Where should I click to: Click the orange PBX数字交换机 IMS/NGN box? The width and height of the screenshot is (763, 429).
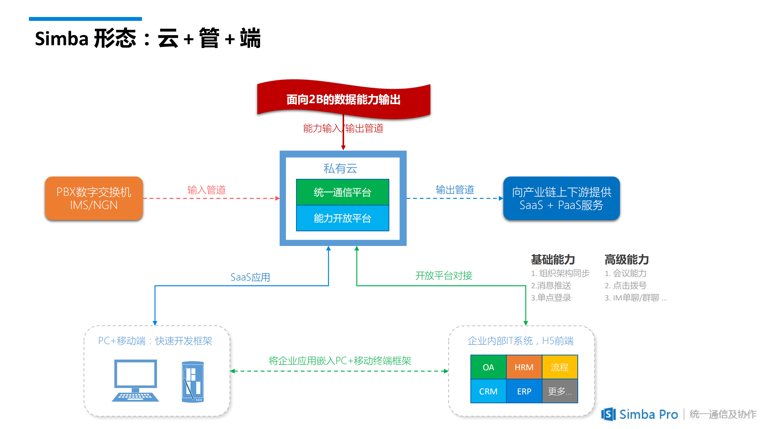pyautogui.click(x=94, y=198)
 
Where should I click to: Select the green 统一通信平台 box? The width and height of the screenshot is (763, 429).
pyautogui.click(x=342, y=192)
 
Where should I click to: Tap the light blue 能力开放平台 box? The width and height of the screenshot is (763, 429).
pyautogui.click(x=342, y=218)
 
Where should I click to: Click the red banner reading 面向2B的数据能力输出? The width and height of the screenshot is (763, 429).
pyautogui.click(x=343, y=99)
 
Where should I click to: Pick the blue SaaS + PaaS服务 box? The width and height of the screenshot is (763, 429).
pyautogui.click(x=561, y=198)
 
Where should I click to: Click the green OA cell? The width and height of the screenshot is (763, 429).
pyautogui.click(x=488, y=367)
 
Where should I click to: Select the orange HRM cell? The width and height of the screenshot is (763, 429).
pyautogui.click(x=524, y=367)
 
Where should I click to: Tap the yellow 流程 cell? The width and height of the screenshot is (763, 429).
pyautogui.click(x=560, y=367)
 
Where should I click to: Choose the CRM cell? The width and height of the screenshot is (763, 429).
pyautogui.click(x=488, y=391)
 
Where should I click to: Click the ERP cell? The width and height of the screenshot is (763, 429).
pyautogui.click(x=524, y=391)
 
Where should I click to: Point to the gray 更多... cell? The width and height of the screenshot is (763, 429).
pyautogui.click(x=560, y=391)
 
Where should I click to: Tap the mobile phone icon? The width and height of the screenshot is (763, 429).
pyautogui.click(x=193, y=382)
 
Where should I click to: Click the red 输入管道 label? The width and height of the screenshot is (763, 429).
pyautogui.click(x=206, y=190)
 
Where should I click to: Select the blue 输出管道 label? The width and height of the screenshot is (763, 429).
pyautogui.click(x=455, y=190)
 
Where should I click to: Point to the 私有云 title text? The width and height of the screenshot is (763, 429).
pyautogui.click(x=340, y=168)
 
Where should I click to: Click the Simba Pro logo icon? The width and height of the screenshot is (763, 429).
pyautogui.click(x=608, y=414)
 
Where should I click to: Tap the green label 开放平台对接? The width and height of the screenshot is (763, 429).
pyautogui.click(x=444, y=275)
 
